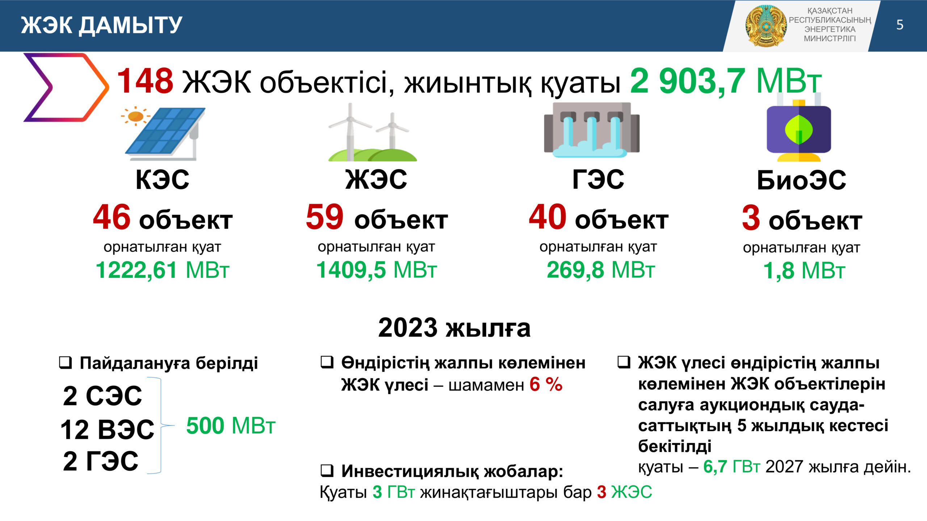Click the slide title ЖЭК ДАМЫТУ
coord(101,25)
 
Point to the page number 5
coord(900,25)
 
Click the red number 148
coord(145,81)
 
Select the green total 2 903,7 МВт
coord(726,81)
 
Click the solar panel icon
coord(165,134)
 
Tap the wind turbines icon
coord(373,132)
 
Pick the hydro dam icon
coord(592,130)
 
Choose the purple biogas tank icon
coord(799,130)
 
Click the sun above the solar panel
coord(136,116)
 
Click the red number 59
coord(324,217)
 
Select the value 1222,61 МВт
coord(162,270)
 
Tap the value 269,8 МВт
coord(601,270)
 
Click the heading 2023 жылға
coord(454,328)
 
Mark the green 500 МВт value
coord(231,425)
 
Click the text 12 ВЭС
coord(107,429)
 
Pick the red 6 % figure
coord(546,384)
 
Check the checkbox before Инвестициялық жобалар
coord(327,471)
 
